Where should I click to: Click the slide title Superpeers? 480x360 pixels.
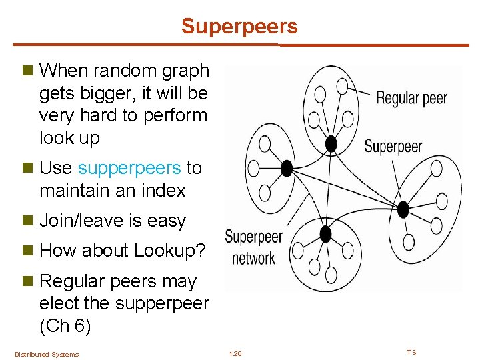pyautogui.click(x=239, y=27)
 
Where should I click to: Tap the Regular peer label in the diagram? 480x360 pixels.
pyautogui.click(x=411, y=99)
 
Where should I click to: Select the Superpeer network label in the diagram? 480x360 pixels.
pyautogui.click(x=253, y=247)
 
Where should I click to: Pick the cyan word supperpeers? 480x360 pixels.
pyautogui.click(x=129, y=167)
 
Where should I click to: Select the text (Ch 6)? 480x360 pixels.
pyautogui.click(x=64, y=327)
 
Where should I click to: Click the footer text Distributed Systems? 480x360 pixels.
pyautogui.click(x=47, y=354)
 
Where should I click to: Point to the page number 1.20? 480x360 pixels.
pyautogui.click(x=235, y=353)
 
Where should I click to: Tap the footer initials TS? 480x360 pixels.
pyautogui.click(x=412, y=352)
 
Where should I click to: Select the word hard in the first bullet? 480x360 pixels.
pyautogui.click(x=99, y=115)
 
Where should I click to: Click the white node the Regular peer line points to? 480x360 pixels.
pyautogui.click(x=342, y=85)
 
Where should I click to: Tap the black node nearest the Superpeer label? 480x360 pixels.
pyautogui.click(x=331, y=143)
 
